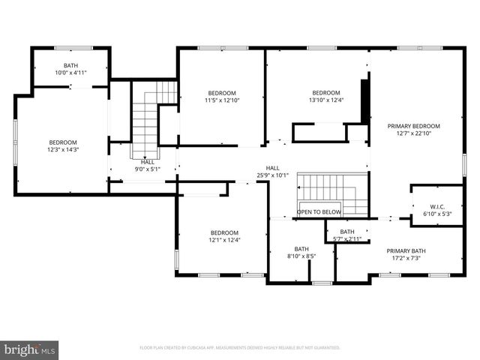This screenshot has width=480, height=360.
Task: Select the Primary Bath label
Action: click(x=403, y=250)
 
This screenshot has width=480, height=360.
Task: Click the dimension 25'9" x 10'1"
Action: click(x=272, y=176)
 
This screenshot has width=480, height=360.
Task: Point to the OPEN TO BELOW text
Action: click(x=319, y=212)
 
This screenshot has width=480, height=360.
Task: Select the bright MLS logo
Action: click(x=30, y=349)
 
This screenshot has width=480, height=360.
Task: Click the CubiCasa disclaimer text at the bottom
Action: click(x=240, y=348)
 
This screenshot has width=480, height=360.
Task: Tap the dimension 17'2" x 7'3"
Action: click(x=403, y=259)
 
